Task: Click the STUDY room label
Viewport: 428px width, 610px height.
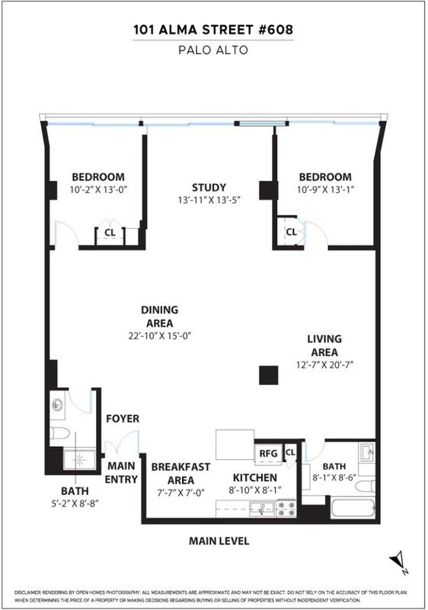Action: point(209,188)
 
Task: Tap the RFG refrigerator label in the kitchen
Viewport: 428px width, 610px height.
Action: point(268,453)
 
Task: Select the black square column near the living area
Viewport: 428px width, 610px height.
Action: point(269,375)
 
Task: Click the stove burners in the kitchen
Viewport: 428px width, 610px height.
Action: point(286,509)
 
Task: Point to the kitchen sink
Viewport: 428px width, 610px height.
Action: point(261,509)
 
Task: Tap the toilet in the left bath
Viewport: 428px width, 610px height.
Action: point(59,432)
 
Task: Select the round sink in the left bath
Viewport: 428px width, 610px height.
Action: point(57,405)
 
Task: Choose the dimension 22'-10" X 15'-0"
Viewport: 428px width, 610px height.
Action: point(160,335)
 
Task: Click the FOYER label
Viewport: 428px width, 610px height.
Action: point(123,419)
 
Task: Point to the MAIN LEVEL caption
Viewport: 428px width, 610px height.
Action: point(219,541)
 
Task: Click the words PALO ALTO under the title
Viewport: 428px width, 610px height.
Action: point(212,50)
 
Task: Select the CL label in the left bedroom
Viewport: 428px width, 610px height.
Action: point(110,233)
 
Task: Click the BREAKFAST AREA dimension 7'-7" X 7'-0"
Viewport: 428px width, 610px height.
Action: point(180,493)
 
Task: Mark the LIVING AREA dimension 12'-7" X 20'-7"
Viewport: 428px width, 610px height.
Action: point(324,365)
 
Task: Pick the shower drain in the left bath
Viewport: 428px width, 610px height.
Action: point(80,460)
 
